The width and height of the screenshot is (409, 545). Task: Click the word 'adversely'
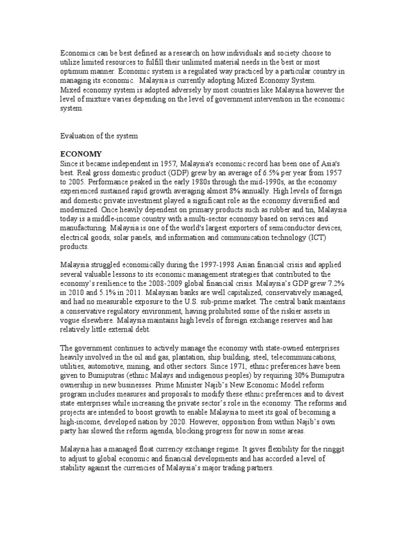[x=163, y=90]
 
